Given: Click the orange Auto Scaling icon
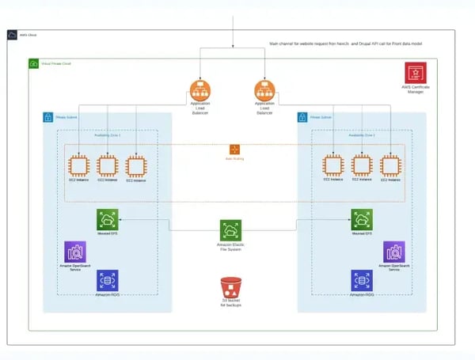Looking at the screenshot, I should pos(234,149).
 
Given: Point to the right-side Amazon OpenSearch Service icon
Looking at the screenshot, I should pos(393,252).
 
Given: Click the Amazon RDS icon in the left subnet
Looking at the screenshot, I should pos(107,281).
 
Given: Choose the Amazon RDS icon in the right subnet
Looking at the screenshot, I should pos(362,281).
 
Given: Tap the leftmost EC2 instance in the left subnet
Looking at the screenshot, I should pos(78,166).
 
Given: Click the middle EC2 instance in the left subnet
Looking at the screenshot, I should pos(107,166).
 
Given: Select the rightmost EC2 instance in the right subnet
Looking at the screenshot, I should pos(390,166).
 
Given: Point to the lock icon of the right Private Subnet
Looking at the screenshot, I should pos(302,117).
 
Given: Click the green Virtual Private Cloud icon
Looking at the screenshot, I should pos(34,63).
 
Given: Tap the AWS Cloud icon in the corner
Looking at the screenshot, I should pos(11,35).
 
